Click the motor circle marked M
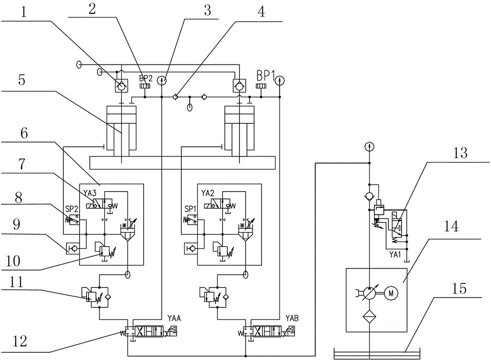click(391, 294)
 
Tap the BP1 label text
click(266, 76)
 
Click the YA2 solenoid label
click(207, 192)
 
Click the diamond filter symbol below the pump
click(368, 318)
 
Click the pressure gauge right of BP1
click(279, 79)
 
